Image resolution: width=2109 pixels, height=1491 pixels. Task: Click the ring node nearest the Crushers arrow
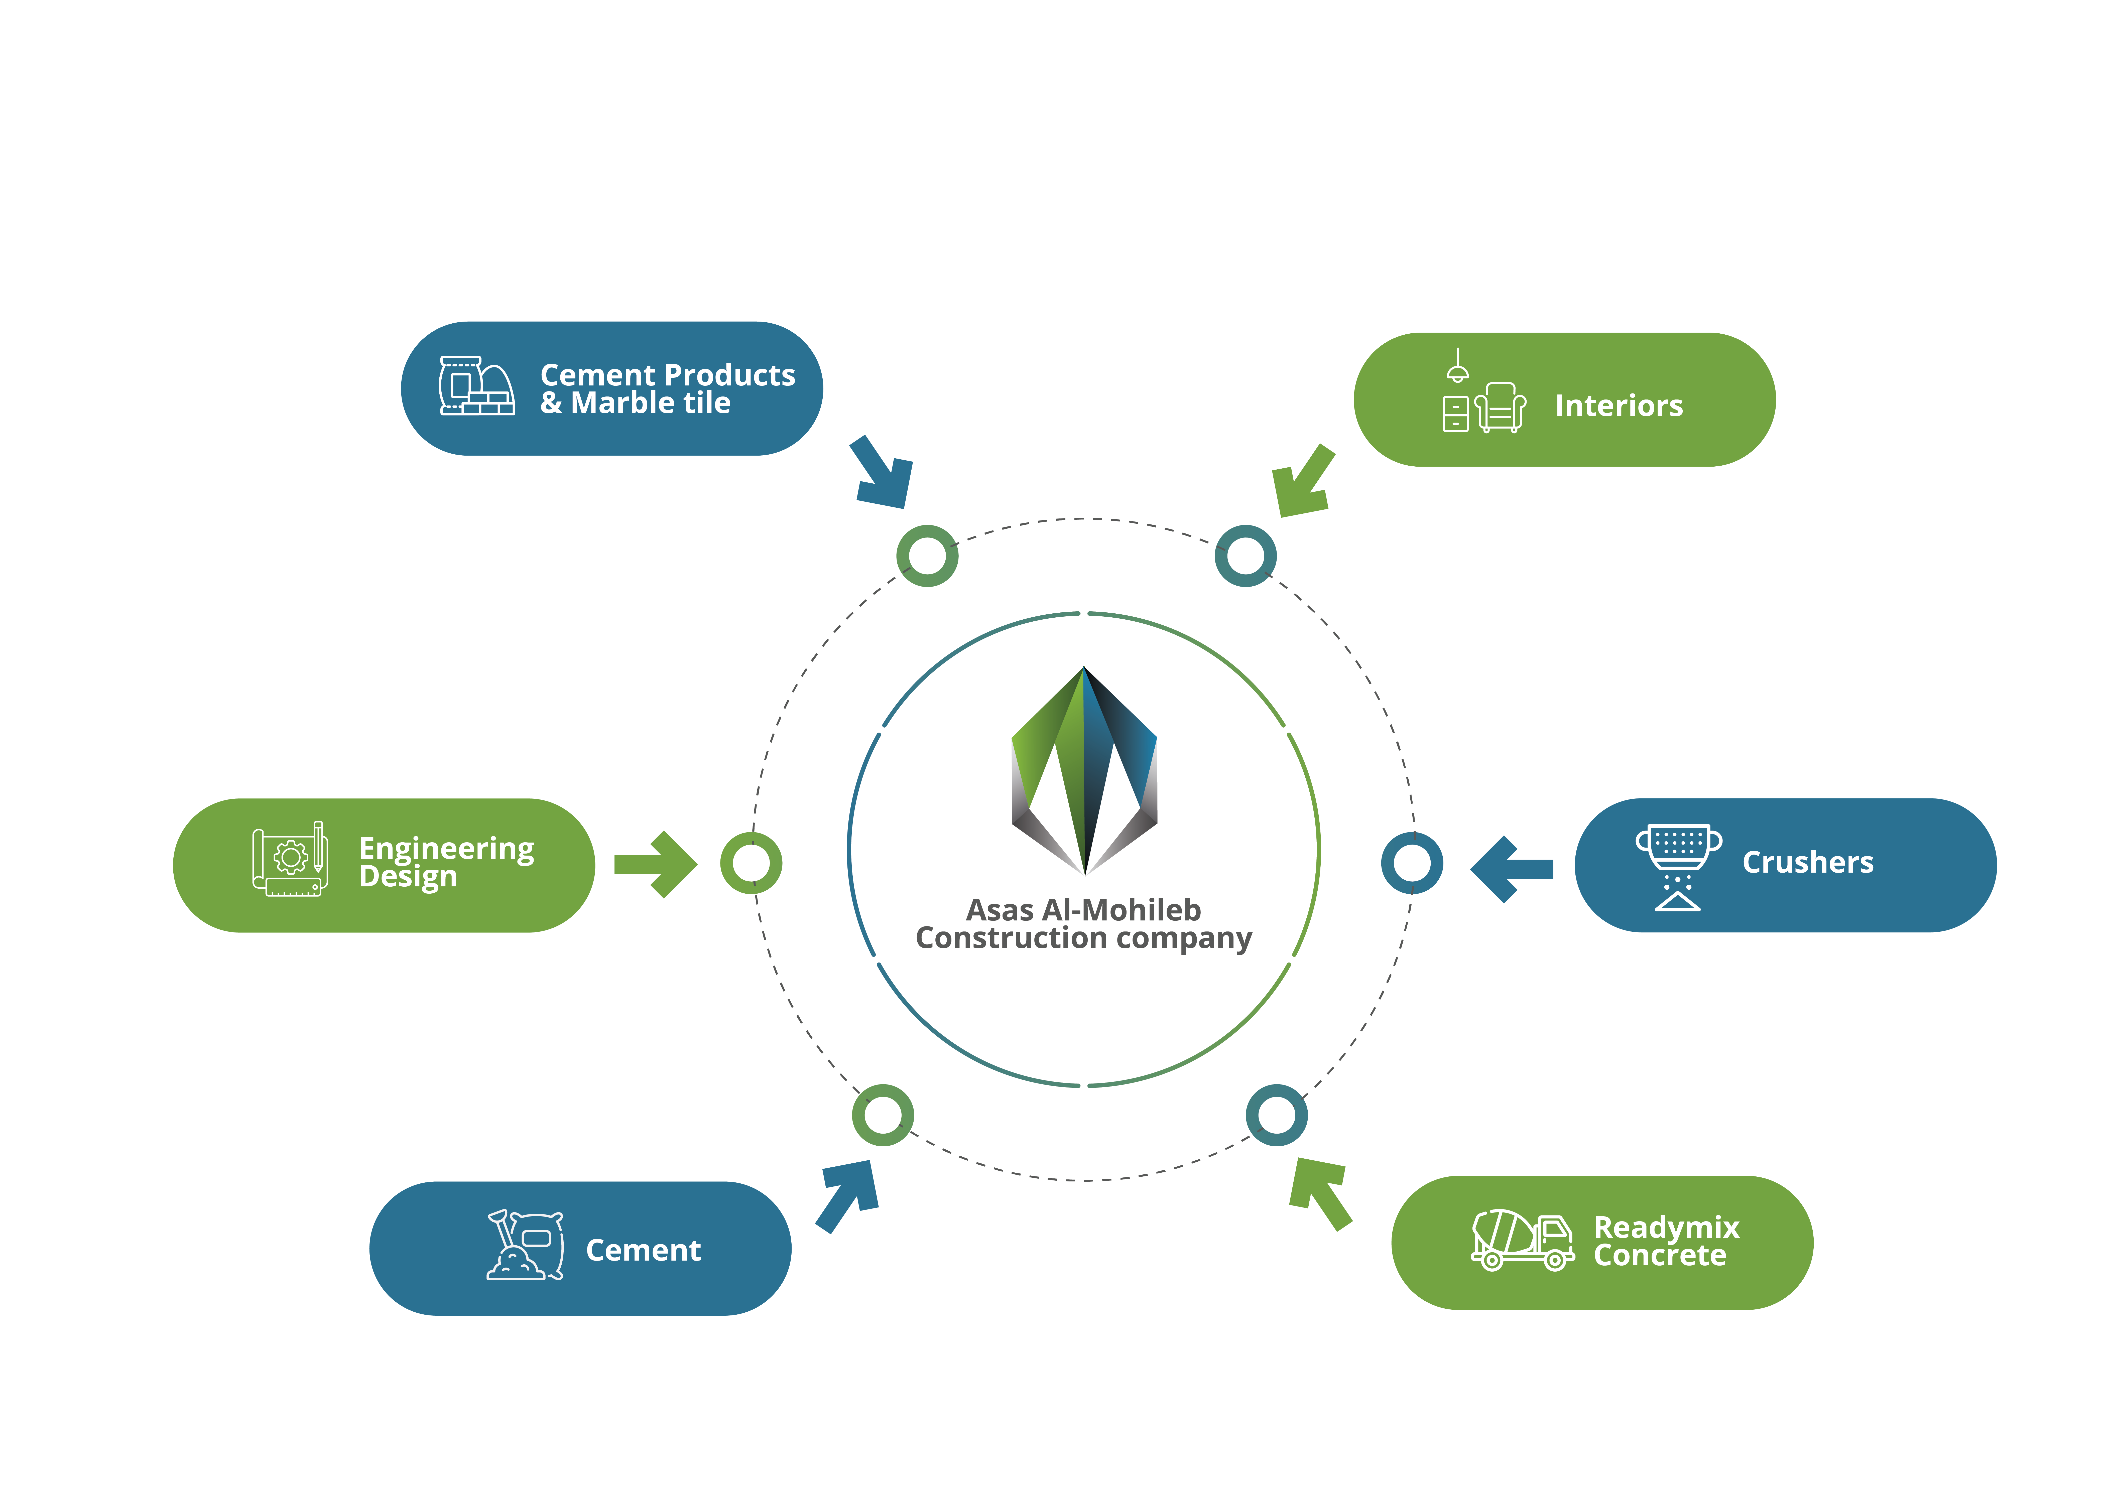1412,863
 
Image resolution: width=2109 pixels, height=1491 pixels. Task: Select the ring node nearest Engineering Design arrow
751,863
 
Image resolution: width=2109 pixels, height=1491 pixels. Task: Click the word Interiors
1619,405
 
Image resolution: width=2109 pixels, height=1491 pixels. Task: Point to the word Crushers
1808,862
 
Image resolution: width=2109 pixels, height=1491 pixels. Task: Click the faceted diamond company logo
1084,772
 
